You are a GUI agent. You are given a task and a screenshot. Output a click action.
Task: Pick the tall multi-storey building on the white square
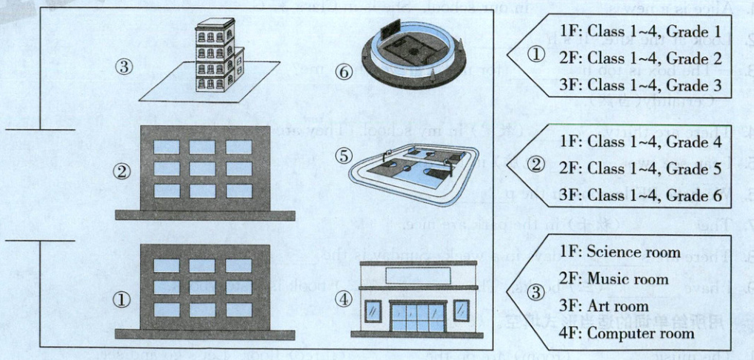[220, 58]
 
